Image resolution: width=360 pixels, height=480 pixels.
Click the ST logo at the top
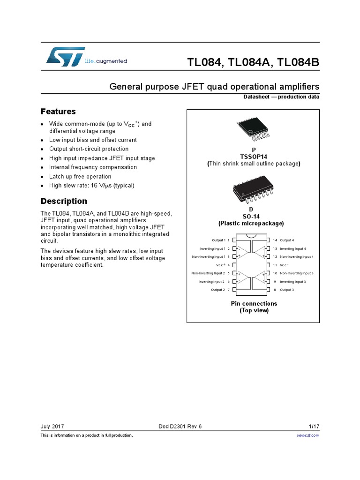click(66, 56)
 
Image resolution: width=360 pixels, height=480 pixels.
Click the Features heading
click(58, 112)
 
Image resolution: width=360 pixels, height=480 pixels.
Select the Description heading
click(64, 201)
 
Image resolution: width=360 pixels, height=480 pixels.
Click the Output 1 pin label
click(218, 240)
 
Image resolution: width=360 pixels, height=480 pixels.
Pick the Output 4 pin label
click(287, 240)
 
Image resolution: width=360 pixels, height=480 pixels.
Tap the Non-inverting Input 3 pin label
click(297, 273)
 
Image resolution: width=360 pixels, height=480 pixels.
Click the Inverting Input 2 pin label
click(212, 282)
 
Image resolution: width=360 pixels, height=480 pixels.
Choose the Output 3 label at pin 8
click(287, 290)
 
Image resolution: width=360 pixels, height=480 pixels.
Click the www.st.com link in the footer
click(308, 435)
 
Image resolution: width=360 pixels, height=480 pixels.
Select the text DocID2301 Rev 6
click(180, 426)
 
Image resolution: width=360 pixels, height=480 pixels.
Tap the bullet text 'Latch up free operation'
click(80, 176)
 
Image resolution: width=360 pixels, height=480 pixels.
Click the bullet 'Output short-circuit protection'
click(89, 149)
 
